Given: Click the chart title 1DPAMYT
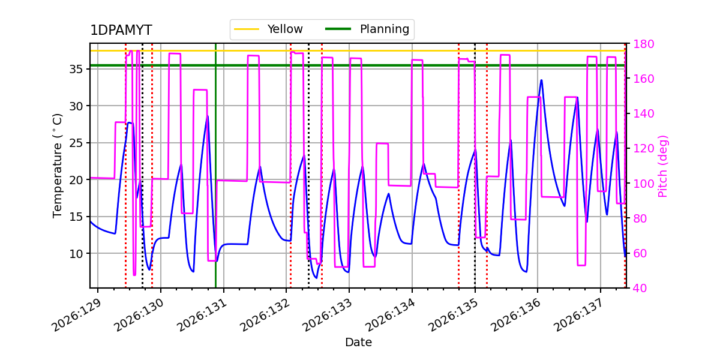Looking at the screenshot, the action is [x=121, y=30].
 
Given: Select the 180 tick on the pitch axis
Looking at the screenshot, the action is [x=643, y=44].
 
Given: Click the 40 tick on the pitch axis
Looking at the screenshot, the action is [x=640, y=288].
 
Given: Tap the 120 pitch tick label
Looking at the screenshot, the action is [x=643, y=149].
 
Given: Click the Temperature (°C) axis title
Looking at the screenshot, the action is [x=57, y=166].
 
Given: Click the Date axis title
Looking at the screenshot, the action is [x=358, y=343].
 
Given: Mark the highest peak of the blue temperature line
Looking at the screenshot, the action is [x=542, y=80].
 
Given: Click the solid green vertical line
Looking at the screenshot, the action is [x=215, y=166].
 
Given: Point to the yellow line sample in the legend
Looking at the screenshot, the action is [x=247, y=29].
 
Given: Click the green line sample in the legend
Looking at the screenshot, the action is [x=338, y=29].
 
